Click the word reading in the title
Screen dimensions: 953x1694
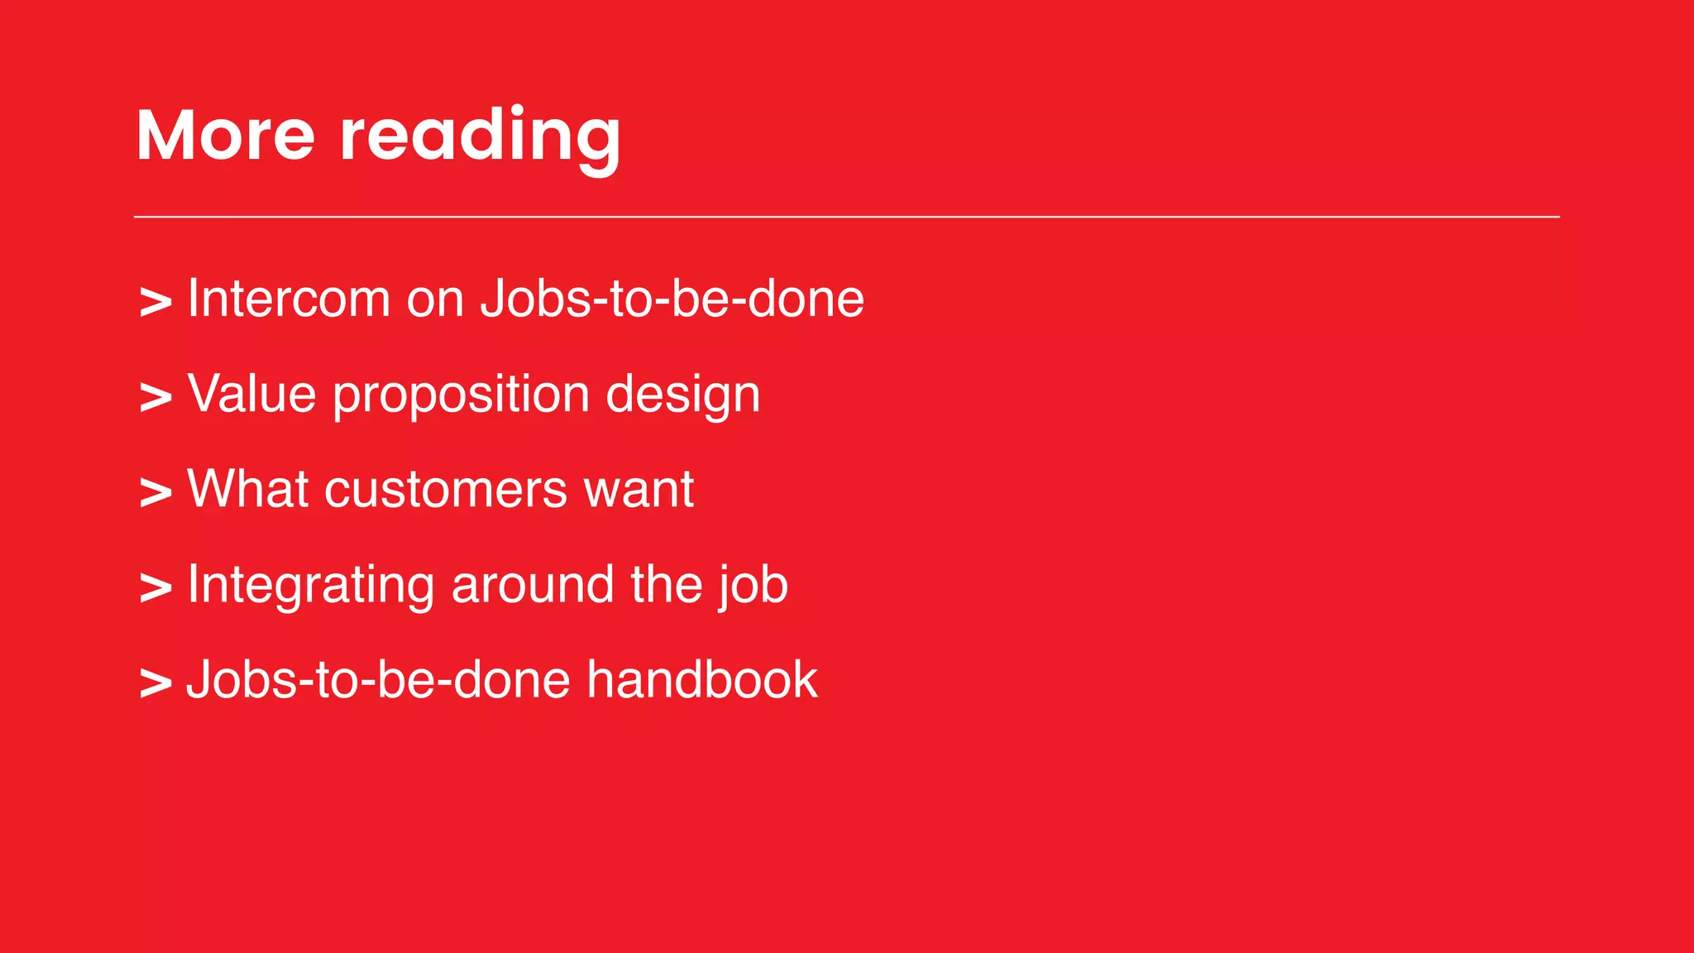click(x=480, y=136)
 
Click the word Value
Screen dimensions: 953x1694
click(x=251, y=394)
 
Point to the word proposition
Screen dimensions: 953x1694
click(x=461, y=395)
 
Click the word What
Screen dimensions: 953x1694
click(x=247, y=489)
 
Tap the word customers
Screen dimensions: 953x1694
click(x=446, y=490)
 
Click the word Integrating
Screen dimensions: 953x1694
click(x=310, y=586)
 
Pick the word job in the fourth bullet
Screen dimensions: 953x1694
click(x=753, y=586)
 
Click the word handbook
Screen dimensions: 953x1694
click(x=702, y=680)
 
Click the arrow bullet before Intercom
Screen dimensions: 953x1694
click(x=156, y=302)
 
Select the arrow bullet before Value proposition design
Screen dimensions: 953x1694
click(x=156, y=397)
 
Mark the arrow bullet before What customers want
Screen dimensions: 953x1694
click(x=156, y=493)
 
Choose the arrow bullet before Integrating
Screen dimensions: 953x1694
click(x=156, y=588)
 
